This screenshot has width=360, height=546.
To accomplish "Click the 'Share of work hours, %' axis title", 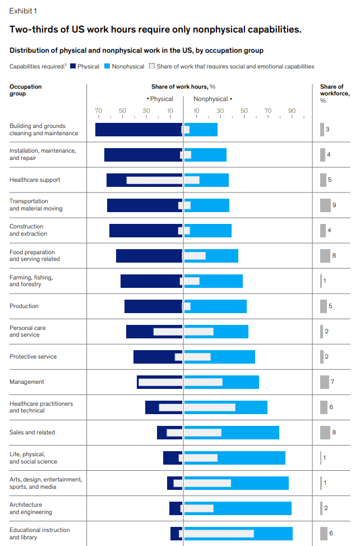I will point(183,86).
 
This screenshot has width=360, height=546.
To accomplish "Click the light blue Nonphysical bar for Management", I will point(241,382).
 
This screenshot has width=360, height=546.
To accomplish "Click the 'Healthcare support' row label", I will point(35,180).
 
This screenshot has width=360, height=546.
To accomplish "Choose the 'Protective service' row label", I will point(33,357).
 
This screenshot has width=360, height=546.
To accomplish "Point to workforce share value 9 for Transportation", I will point(334,205).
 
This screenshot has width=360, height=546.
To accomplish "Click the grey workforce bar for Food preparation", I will point(325,256).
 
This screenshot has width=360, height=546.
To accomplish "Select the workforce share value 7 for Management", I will point(333,382).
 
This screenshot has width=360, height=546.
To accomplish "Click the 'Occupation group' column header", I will point(25,90).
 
